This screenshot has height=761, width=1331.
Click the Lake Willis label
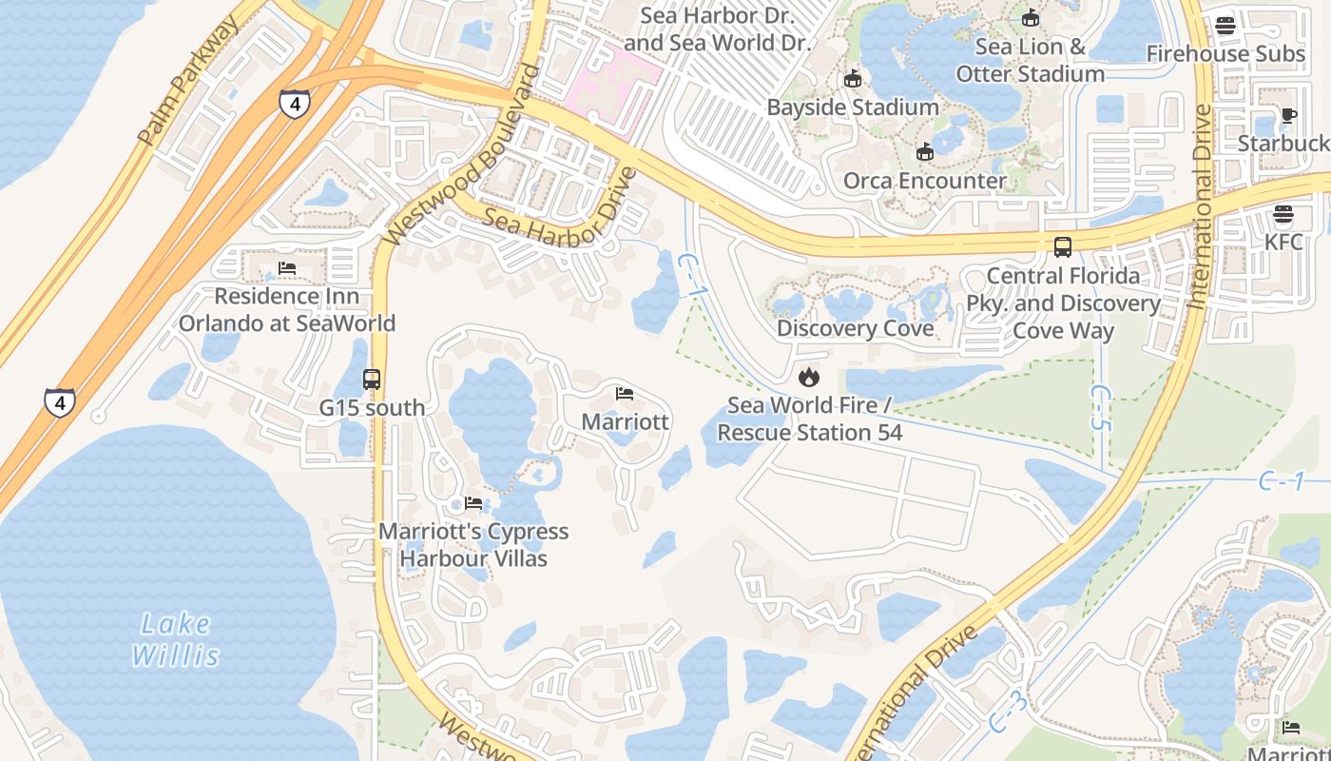176,639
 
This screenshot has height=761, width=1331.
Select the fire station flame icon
808,377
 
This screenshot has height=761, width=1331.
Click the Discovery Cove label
855,329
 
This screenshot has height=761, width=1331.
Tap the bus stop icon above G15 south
372,380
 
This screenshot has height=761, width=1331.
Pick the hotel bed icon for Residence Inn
287,268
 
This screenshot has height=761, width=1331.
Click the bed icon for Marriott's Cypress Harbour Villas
473,503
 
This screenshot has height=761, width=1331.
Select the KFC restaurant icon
1283,214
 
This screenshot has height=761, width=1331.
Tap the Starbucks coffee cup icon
1288,116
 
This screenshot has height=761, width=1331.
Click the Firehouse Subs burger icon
1225,26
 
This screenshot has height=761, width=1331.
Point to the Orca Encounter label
924,181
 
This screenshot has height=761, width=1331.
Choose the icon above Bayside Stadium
853,78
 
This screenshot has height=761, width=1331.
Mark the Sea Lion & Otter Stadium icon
1030,18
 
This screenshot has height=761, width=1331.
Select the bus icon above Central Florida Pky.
1063,247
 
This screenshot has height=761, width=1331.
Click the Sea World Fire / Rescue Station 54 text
809,420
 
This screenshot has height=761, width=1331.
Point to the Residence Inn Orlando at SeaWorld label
287,309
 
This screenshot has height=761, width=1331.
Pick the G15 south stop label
372,408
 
